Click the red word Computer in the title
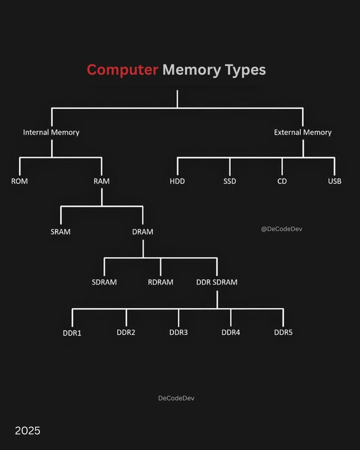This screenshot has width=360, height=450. tap(122, 70)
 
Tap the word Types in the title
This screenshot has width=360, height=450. tap(245, 70)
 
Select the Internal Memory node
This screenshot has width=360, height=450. tap(51, 132)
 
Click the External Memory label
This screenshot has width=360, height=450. tap(303, 132)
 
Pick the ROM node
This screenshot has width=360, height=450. tap(19, 181)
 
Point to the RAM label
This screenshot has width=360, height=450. tap(101, 181)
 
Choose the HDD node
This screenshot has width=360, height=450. tap(177, 181)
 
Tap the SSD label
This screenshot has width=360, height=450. tap(230, 181)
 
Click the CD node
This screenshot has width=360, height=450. tap(282, 181)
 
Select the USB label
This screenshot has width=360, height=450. tap(334, 181)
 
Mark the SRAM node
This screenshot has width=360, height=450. tap(60, 232)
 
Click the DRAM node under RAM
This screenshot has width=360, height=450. tap(143, 232)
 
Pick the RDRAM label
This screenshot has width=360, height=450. tap(160, 282)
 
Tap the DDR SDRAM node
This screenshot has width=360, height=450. tap(217, 282)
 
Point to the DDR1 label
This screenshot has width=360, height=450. tap(72, 333)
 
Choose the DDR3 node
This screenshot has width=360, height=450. tap(178, 332)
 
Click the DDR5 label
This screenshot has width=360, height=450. tap(283, 332)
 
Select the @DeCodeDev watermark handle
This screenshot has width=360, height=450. tap(282, 229)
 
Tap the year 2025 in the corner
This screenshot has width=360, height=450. tap(27, 431)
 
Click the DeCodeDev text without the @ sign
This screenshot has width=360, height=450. tap(176, 398)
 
